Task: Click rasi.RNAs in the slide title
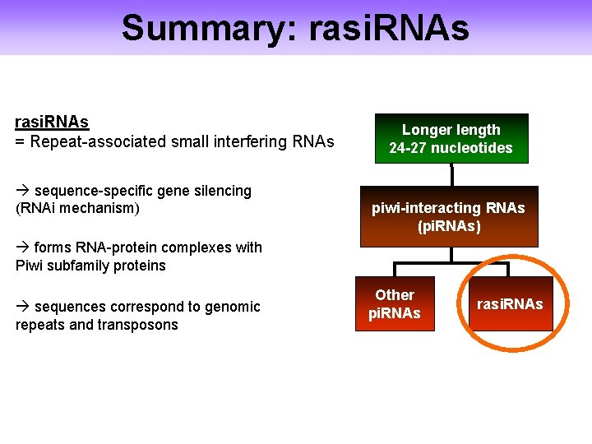[x=390, y=27]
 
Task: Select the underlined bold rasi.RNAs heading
[x=52, y=123]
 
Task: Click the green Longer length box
[x=451, y=138]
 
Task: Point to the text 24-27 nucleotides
[x=451, y=148]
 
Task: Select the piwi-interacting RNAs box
[x=449, y=216]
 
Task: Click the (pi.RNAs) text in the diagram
[x=449, y=225]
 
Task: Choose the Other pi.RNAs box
[x=395, y=304]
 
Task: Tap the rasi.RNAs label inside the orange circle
[x=510, y=304]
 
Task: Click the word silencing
[x=221, y=191]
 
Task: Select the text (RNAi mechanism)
[x=78, y=208]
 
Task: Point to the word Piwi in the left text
[x=30, y=266]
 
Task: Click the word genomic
[x=233, y=307]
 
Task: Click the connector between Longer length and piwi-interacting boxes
[x=451, y=174]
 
